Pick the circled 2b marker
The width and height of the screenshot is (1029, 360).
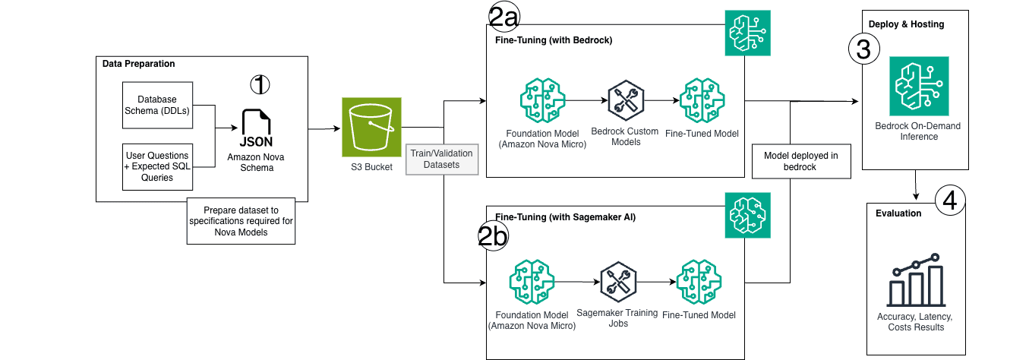[x=493, y=238]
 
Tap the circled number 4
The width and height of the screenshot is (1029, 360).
[x=949, y=200]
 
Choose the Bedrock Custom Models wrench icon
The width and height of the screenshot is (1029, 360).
[x=627, y=99]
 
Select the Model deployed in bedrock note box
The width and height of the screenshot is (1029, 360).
[x=801, y=161]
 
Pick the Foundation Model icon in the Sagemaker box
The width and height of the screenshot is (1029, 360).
[x=532, y=282]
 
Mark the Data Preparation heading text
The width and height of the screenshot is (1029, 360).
[x=138, y=63]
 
